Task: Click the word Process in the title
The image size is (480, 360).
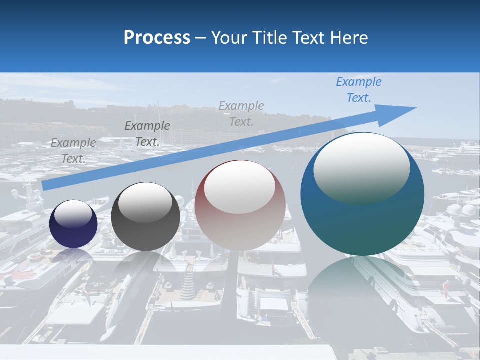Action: point(157,38)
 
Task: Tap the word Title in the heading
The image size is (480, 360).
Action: point(268,38)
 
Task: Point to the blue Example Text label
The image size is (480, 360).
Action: point(358,90)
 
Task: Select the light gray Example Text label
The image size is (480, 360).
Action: point(241,114)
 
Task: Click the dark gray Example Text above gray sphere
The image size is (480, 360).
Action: point(147,134)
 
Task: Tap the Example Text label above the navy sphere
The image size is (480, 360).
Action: point(73,151)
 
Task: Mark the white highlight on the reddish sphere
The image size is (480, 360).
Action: point(239,188)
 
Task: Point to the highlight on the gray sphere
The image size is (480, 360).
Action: point(145,201)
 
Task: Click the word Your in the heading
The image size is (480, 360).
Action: point(228,38)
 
